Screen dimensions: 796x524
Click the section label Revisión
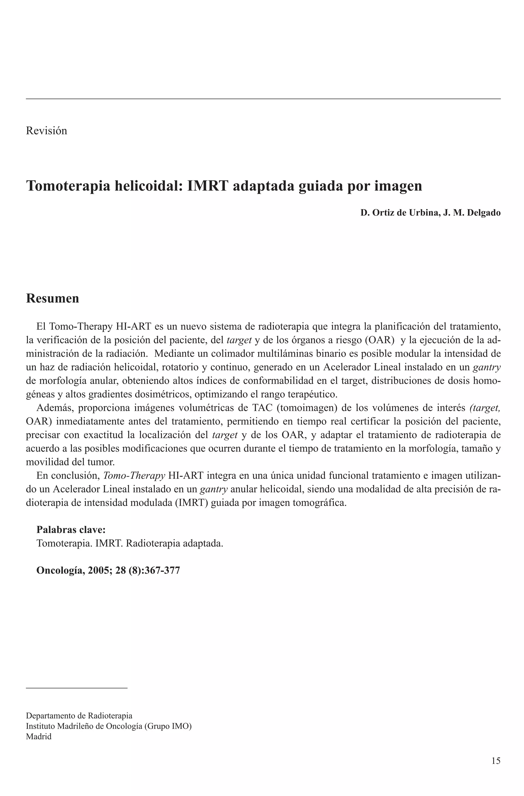pyautogui.click(x=47, y=130)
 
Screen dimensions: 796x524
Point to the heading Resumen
pyautogui.click(x=52, y=298)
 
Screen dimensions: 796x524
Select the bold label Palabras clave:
pyautogui.click(x=71, y=530)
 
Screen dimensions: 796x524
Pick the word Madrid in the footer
pyautogui.click(x=39, y=736)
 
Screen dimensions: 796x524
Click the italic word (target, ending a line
pyautogui.click(x=485, y=408)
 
